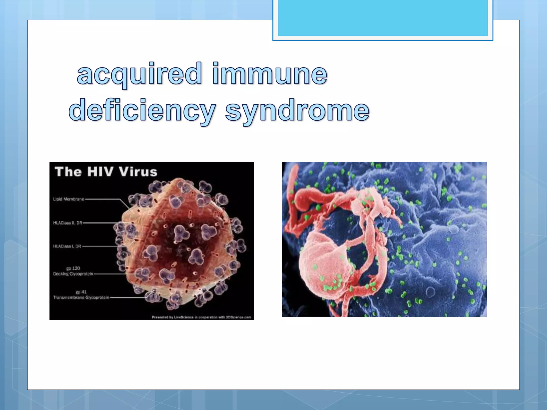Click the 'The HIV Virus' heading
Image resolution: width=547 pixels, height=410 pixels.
point(106,172)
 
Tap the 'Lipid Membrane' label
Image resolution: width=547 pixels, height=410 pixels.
point(69,199)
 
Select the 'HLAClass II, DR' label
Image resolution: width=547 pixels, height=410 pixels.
point(68,223)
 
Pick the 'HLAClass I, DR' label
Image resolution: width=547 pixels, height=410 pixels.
point(67,246)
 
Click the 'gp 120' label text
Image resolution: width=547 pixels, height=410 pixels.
point(73,268)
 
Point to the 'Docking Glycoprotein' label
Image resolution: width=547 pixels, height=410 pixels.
point(73,274)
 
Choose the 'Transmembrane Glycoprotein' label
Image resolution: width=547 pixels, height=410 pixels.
point(81,297)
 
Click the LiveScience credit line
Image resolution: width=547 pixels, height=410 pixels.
point(201,317)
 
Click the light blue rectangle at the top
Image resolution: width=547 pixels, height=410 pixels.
point(383,18)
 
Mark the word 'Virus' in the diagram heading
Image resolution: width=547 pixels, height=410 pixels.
point(138,172)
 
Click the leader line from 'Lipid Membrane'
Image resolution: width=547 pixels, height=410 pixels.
point(103,199)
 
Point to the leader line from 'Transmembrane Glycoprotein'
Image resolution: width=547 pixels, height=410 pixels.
point(127,297)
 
